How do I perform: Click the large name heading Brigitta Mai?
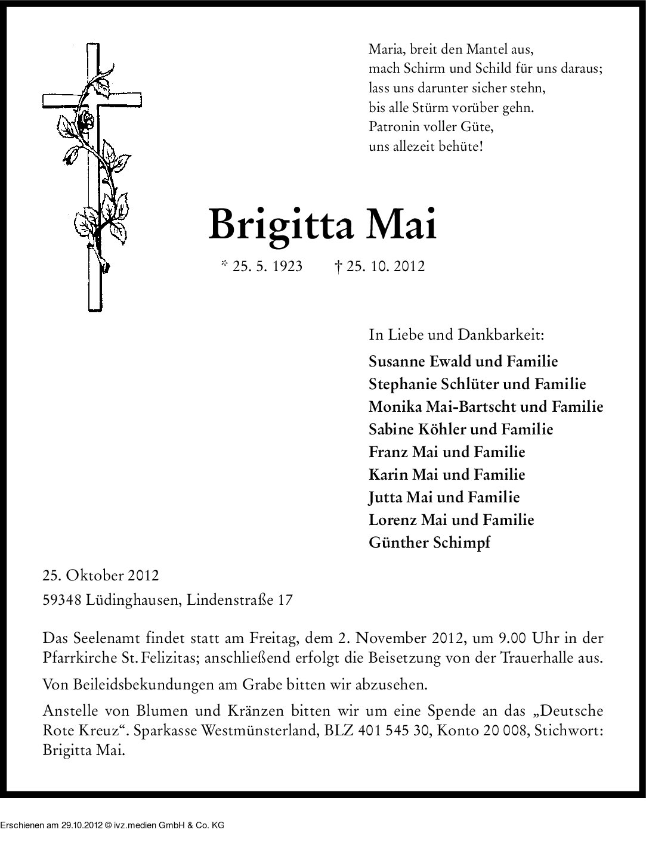[322, 225]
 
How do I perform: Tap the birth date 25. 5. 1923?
[267, 266]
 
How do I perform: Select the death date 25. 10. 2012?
[385, 266]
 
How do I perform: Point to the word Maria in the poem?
[385, 49]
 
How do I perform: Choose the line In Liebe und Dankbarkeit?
[456, 334]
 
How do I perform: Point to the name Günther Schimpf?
[429, 543]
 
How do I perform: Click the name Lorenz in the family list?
[392, 520]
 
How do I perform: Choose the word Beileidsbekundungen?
[129, 685]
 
